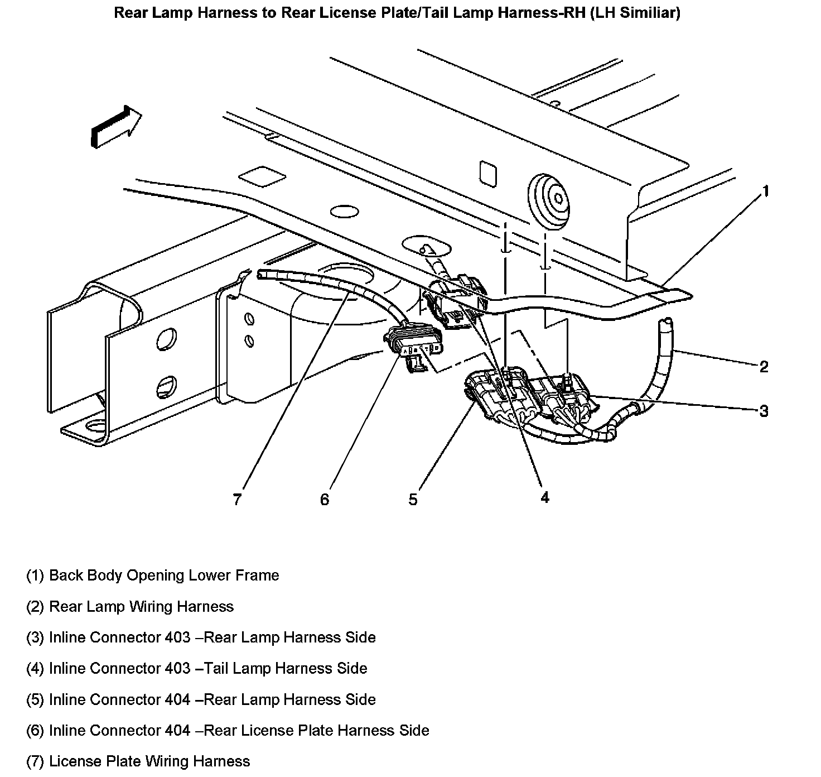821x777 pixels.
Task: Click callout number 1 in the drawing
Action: [x=766, y=191]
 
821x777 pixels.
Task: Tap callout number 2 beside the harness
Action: [x=764, y=367]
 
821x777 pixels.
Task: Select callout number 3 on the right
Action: [x=764, y=411]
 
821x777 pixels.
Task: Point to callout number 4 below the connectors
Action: [x=544, y=497]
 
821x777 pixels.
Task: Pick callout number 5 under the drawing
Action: [x=413, y=499]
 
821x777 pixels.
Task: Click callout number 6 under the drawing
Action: [x=325, y=499]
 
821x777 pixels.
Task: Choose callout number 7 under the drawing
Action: [x=238, y=499]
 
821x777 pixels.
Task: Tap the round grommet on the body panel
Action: [x=549, y=195]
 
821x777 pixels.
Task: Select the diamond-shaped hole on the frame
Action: [x=262, y=176]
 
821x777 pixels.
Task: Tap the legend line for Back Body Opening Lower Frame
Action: [x=153, y=575]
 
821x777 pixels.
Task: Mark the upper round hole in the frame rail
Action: [x=166, y=339]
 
